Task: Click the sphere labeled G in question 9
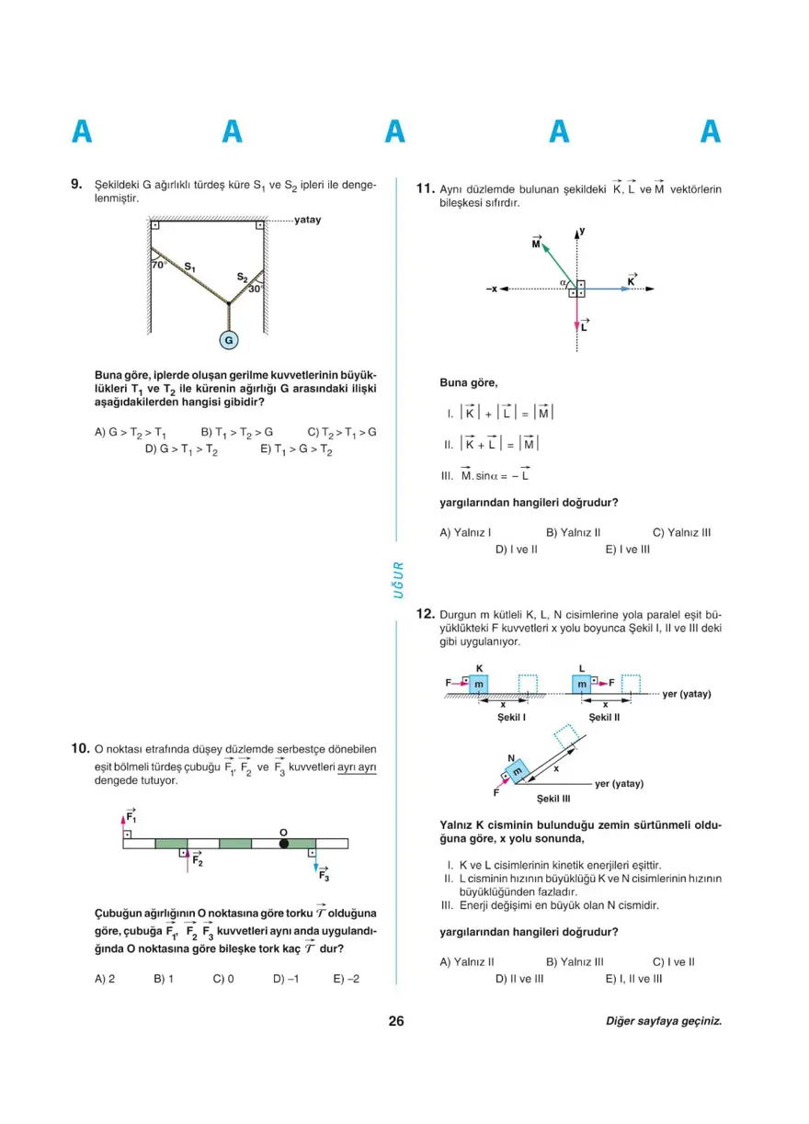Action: [x=229, y=340]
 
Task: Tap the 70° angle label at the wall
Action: [x=158, y=265]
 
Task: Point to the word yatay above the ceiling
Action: [x=308, y=221]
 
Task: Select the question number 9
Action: [x=77, y=184]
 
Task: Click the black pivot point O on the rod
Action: [x=283, y=843]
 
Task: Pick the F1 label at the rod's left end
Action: [x=131, y=816]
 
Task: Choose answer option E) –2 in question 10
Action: [x=347, y=979]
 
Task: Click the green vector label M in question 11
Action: [x=537, y=243]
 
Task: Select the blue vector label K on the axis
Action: [x=632, y=279]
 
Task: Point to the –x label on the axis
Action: [x=493, y=290]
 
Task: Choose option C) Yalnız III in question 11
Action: [x=681, y=532]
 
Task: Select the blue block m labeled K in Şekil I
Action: [x=478, y=684]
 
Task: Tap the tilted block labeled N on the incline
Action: [x=517, y=769]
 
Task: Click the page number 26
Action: [x=396, y=1021]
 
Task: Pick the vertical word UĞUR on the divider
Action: [x=398, y=579]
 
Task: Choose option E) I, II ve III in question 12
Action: [x=633, y=979]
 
